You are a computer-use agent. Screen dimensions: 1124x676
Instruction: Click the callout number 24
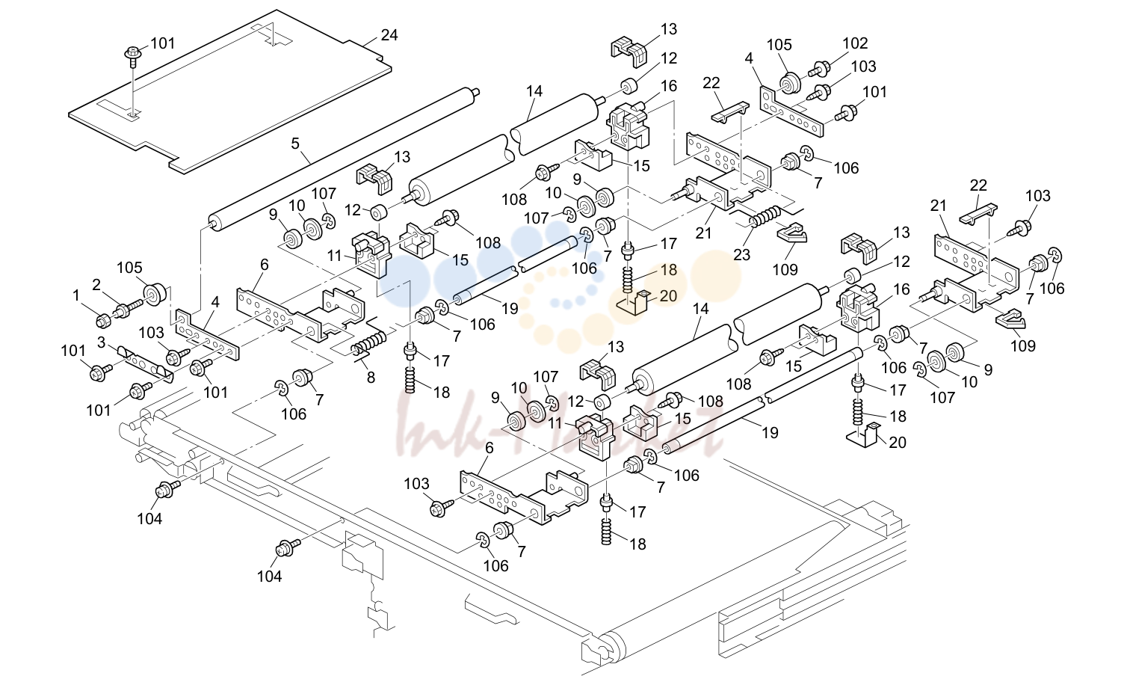click(x=389, y=35)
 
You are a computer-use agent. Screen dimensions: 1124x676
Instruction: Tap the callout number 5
click(x=295, y=144)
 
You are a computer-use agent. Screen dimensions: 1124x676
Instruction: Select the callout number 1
click(x=76, y=295)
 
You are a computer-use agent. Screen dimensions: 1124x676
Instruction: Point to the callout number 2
click(x=96, y=285)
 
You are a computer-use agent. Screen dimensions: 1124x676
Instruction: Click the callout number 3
click(x=102, y=342)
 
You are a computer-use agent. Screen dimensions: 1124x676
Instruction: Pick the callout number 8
click(x=371, y=377)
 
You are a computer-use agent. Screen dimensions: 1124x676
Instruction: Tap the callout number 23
click(x=741, y=255)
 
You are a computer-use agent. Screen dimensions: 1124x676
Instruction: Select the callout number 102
click(x=855, y=43)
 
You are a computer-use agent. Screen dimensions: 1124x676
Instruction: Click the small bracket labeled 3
click(x=145, y=362)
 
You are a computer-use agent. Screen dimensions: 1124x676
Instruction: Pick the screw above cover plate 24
click(x=133, y=56)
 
